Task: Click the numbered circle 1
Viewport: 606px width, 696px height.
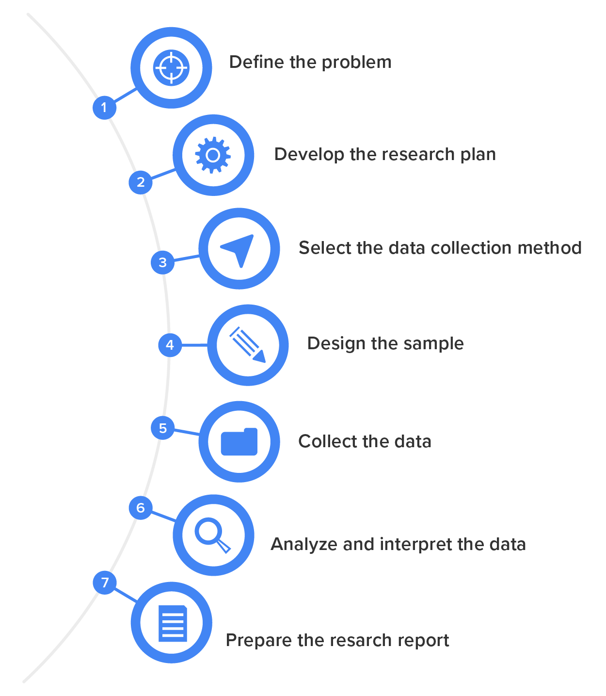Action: point(104,107)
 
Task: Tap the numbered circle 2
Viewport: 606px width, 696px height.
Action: point(141,182)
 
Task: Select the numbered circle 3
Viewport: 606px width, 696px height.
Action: point(163,262)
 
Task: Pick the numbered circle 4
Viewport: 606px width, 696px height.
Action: point(170,345)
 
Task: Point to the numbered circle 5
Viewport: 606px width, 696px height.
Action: point(163,428)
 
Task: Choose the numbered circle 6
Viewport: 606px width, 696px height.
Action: point(141,508)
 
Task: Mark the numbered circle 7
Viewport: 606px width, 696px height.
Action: point(105,582)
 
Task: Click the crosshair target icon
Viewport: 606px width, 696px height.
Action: point(171,68)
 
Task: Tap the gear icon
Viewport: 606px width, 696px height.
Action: point(213,155)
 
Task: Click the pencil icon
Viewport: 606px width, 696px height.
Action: point(248,345)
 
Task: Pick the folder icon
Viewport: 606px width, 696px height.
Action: point(239,442)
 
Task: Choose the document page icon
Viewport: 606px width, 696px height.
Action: point(173,623)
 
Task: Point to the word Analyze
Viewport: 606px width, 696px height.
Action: point(304,545)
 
